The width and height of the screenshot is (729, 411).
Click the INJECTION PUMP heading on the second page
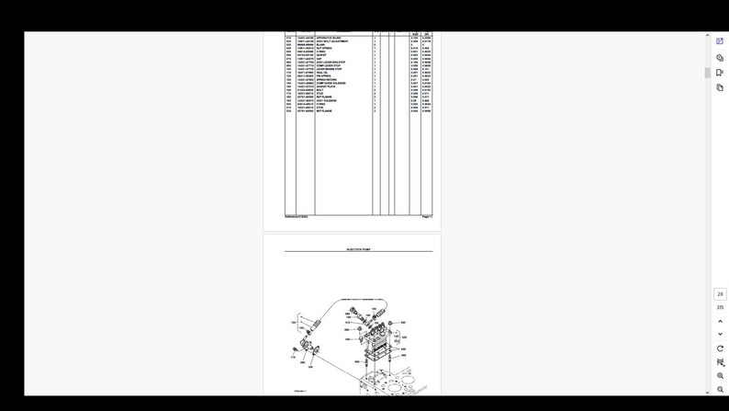click(x=358, y=249)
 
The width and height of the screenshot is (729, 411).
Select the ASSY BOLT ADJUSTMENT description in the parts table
click(x=332, y=41)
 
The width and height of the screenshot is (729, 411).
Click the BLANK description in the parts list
click(x=320, y=44)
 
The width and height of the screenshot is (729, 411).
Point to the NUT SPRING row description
click(x=324, y=48)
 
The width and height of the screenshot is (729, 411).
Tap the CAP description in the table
click(x=320, y=59)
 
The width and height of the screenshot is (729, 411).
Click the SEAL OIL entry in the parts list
click(x=322, y=73)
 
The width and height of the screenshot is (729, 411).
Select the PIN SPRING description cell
click(x=324, y=76)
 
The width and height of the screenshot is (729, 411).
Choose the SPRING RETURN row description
click(x=327, y=80)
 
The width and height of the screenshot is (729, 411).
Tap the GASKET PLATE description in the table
click(x=326, y=86)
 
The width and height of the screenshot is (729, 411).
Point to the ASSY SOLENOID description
click(x=327, y=100)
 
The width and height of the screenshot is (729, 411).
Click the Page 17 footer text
click(x=427, y=216)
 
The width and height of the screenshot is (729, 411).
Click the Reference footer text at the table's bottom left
click(x=296, y=216)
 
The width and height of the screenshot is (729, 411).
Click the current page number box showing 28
click(x=720, y=294)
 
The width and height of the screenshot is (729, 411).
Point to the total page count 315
click(x=720, y=307)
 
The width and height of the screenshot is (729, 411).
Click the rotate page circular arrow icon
click(x=720, y=348)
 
